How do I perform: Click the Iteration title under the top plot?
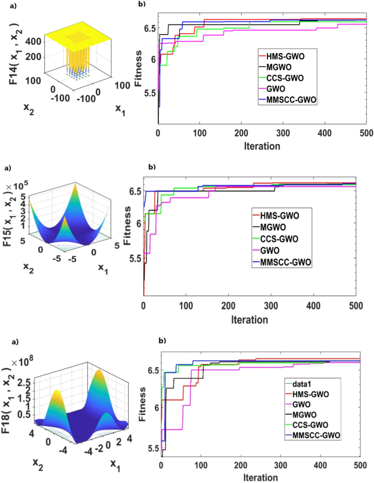click(262, 146)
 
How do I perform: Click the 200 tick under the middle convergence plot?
click(228, 305)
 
